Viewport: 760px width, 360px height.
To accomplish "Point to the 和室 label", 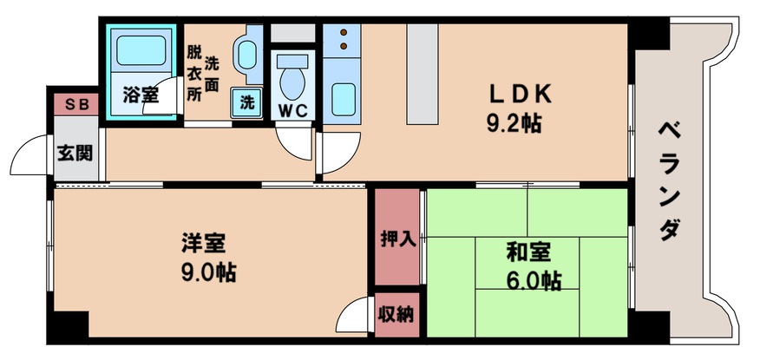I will coord(529,253).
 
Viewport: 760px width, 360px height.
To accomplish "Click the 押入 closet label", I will coord(398,239).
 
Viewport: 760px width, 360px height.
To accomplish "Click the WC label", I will coord(291,110).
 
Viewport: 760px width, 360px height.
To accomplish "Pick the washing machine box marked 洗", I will coord(247,101).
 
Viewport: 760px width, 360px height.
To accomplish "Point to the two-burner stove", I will coord(342,38).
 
